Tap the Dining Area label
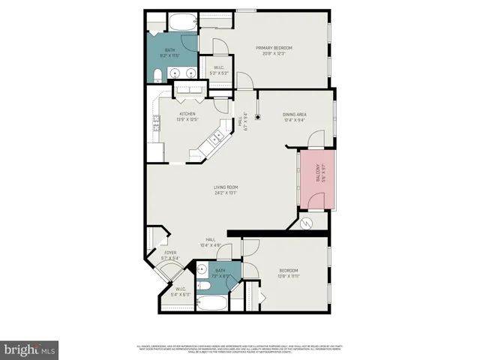pos(294,114)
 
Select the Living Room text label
pos(225,187)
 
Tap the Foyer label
pos(170,253)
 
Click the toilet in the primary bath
pos(156,73)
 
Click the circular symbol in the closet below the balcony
pos(305,223)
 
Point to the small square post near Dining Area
pos(256,116)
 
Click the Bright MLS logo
pos(30,349)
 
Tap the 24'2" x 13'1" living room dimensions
pos(225,193)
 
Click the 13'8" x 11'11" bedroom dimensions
pos(289,275)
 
